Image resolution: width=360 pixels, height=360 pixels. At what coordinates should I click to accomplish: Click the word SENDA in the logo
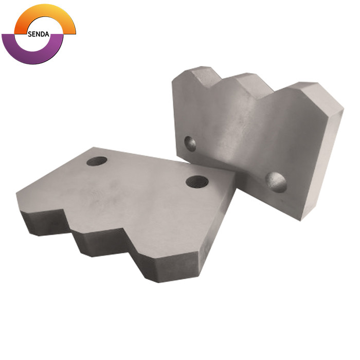coord(39,34)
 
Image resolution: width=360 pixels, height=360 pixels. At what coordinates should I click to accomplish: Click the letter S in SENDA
coord(30,34)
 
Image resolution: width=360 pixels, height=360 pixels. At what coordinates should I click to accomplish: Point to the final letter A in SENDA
coord(47,34)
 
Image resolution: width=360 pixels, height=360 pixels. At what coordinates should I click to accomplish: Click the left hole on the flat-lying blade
coord(97,161)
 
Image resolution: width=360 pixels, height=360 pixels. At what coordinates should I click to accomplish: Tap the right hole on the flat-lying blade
coord(197,182)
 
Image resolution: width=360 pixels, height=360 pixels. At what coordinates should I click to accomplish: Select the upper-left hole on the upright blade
coord(190,143)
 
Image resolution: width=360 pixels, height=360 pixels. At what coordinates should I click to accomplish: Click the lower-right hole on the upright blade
coord(276,182)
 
